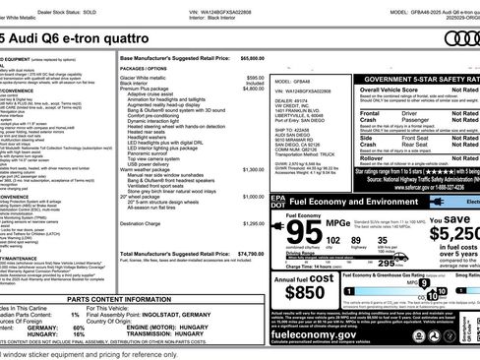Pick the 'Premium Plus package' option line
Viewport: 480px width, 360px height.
pyautogui.click(x=163, y=89)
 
